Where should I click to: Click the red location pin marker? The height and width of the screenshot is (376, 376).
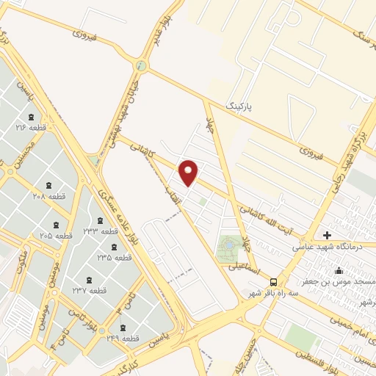click(189, 173)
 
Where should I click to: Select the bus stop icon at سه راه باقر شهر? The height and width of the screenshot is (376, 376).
click(273, 281)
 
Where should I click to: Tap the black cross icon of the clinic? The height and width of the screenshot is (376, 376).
click(326, 236)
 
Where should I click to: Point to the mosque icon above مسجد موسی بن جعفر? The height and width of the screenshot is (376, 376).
click(339, 270)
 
